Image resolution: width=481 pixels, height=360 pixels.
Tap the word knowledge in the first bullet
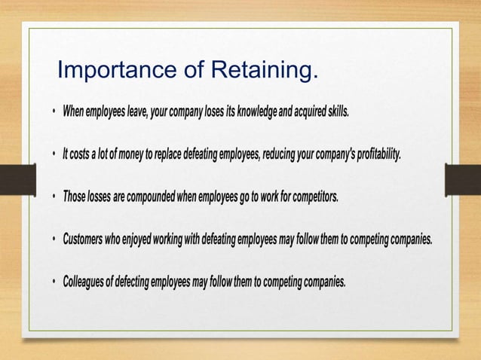tap(257, 112)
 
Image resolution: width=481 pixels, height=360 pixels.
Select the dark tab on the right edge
tap(462, 179)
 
